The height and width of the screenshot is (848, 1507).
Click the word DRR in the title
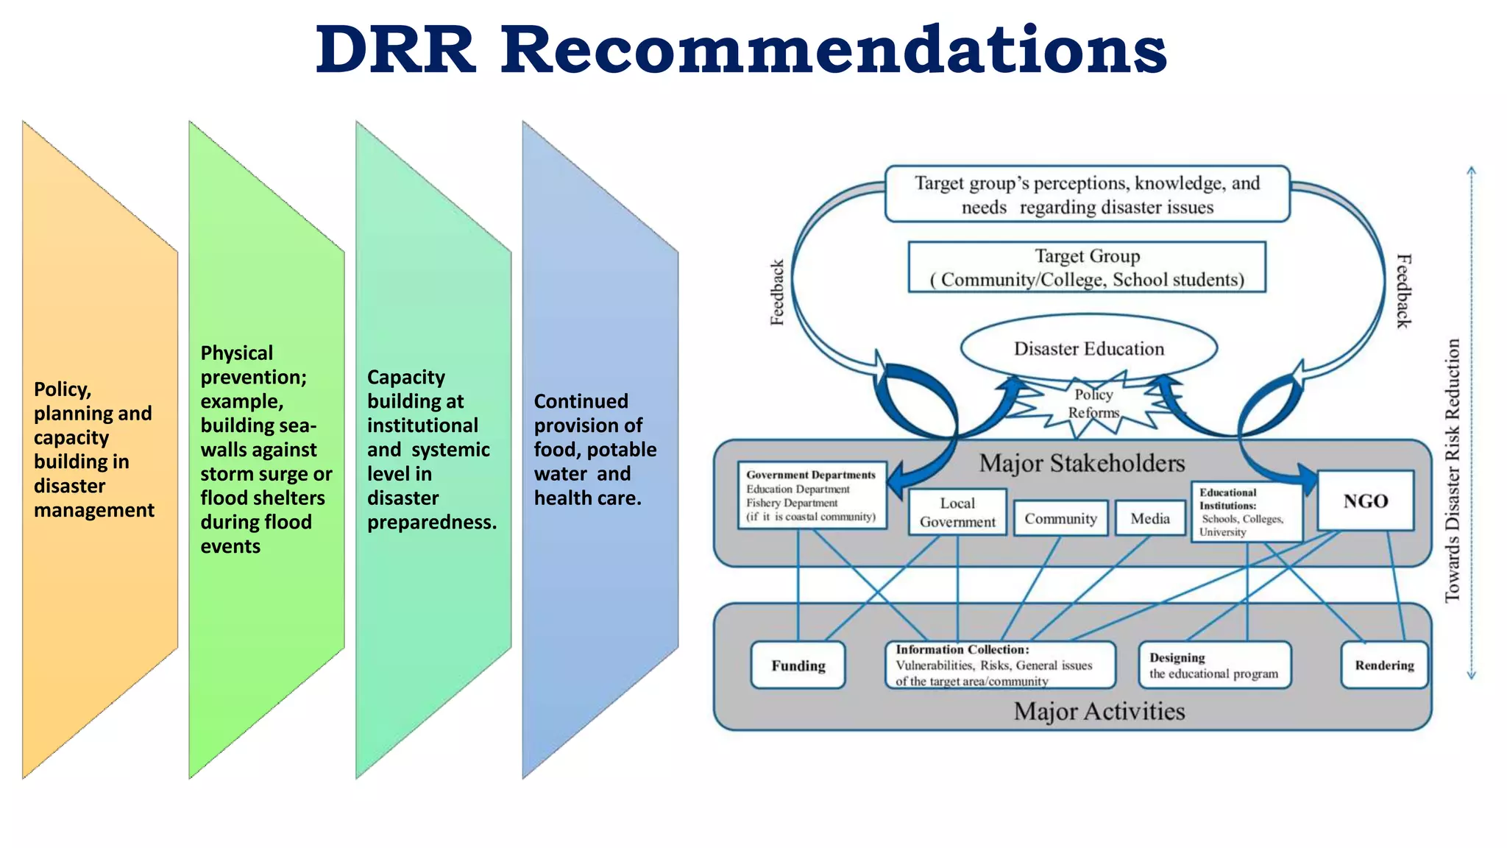(395, 50)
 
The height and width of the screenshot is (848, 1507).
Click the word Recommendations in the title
(834, 50)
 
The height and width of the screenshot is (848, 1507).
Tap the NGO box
(1365, 501)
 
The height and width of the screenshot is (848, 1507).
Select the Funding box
(798, 665)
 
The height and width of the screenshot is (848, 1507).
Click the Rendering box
(1384, 665)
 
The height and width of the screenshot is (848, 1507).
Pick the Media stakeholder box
(1149, 518)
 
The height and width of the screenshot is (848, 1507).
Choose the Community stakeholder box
(1060, 518)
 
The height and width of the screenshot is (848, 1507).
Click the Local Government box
(957, 512)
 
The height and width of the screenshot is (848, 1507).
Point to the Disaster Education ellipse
(1088, 348)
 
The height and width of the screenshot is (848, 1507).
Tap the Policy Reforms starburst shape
(1093, 404)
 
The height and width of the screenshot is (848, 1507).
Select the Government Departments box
(811, 495)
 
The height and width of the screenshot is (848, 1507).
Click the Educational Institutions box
(1245, 512)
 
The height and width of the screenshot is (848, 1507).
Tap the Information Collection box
(999, 665)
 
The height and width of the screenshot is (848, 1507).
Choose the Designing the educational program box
(1214, 665)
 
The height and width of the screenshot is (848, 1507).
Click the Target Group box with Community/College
(1087, 267)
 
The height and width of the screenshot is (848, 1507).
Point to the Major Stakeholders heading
(1082, 463)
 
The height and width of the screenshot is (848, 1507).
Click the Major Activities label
(1099, 711)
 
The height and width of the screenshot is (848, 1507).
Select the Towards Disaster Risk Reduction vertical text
(1452, 471)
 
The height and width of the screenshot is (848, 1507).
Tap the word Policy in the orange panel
(62, 389)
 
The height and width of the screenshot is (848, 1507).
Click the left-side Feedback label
(777, 292)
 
